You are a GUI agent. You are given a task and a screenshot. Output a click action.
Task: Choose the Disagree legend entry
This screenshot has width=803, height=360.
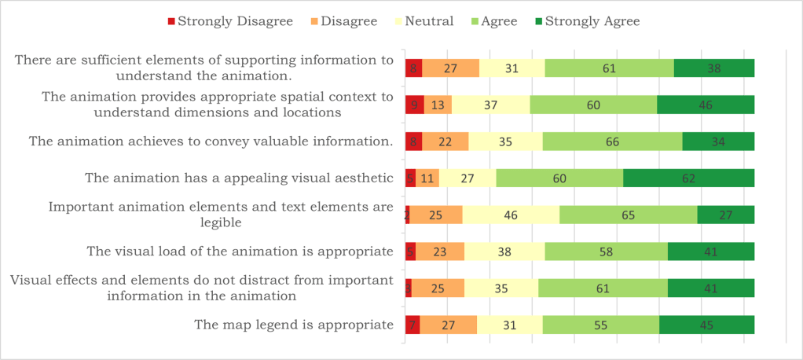343,21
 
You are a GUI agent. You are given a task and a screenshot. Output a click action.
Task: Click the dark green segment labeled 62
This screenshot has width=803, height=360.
689,178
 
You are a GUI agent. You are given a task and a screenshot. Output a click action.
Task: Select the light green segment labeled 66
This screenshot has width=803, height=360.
612,141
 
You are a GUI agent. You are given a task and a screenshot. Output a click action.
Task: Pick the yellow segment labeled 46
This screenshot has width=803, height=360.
511,215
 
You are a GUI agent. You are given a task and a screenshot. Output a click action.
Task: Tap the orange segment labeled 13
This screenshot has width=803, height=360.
438,105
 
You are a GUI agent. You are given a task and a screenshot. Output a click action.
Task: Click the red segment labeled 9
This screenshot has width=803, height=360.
414,105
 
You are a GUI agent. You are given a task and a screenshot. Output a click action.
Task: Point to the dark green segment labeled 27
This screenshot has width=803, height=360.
726,215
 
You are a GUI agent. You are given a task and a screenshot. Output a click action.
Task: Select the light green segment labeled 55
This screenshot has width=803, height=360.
601,325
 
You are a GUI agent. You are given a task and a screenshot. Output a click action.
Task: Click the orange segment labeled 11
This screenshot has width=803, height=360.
427,178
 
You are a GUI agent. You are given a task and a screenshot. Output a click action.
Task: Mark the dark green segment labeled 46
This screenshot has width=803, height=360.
706,105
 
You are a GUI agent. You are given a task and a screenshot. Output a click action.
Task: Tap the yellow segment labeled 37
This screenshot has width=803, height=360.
491,105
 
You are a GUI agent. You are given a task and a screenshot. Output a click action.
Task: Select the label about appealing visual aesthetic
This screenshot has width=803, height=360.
239,178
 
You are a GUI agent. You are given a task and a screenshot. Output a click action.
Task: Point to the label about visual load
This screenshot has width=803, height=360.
240,252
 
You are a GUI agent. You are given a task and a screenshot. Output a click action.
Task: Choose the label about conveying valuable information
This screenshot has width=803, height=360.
211,141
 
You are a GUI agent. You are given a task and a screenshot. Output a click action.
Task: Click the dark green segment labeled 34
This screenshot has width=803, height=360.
718,141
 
